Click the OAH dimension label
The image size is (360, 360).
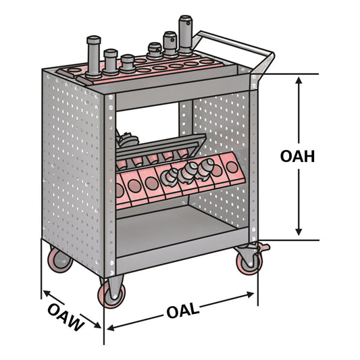click(x=298, y=155)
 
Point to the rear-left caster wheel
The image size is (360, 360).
click(x=59, y=261)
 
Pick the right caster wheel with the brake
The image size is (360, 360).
click(x=249, y=261)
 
